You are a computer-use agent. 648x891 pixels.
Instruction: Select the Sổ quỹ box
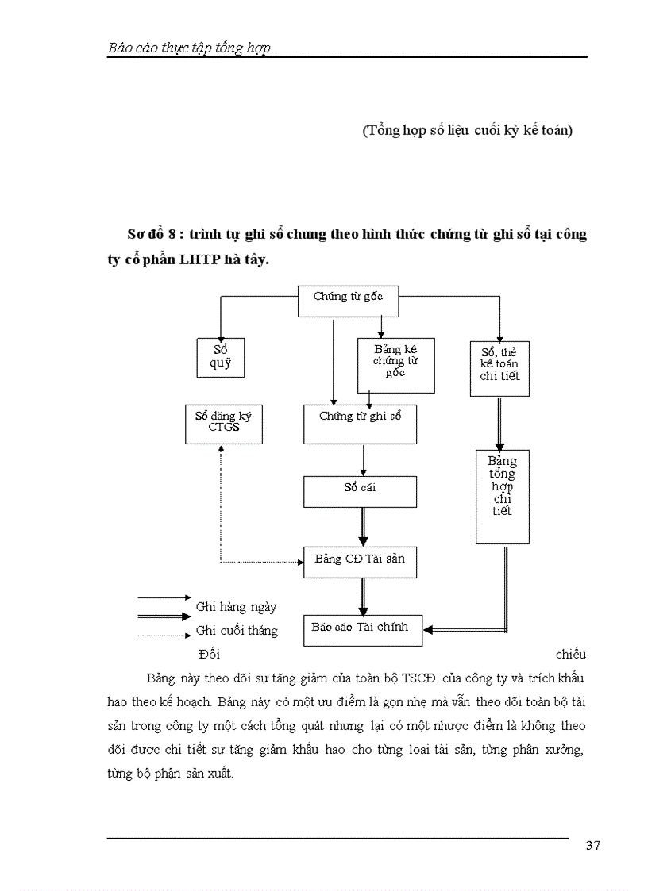(220, 358)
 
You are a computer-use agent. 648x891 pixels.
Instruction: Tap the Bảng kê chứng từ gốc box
(395, 365)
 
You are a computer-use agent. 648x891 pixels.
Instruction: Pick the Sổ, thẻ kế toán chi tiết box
(499, 368)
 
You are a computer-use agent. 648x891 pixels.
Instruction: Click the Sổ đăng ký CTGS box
(223, 424)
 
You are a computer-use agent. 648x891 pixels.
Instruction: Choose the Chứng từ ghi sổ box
(360, 424)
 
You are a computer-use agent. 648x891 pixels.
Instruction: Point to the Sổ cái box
(360, 491)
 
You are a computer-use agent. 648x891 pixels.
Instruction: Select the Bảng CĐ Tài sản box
(360, 562)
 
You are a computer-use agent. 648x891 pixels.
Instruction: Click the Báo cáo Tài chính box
(363, 630)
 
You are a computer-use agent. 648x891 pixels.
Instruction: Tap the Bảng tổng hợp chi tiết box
(502, 497)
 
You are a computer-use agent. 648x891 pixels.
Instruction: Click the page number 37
(592, 845)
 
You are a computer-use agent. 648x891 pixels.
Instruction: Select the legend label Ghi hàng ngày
(237, 607)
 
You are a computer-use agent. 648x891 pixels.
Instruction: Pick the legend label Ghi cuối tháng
(237, 631)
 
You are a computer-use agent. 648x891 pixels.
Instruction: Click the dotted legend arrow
(164, 635)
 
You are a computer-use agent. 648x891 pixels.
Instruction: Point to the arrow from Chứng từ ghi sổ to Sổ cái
(363, 459)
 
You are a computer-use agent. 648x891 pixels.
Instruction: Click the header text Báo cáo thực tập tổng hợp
(189, 48)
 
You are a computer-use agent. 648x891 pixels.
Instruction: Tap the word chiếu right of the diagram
(570, 655)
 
